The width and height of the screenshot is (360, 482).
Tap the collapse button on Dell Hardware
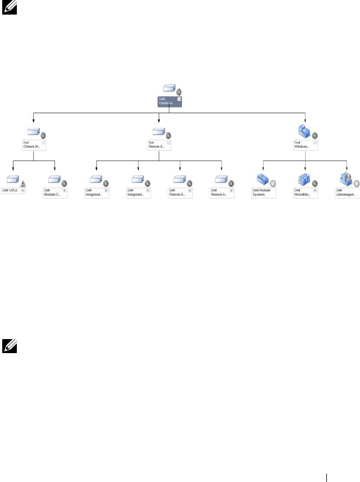179,98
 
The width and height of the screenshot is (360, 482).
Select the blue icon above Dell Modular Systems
262,179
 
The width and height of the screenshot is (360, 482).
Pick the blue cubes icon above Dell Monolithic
302,179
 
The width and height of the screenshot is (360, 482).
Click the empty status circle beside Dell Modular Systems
273,183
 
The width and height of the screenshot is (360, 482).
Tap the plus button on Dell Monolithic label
315,190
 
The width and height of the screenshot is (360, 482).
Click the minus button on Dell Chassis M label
43,143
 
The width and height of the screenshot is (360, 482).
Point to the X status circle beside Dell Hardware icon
179,92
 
